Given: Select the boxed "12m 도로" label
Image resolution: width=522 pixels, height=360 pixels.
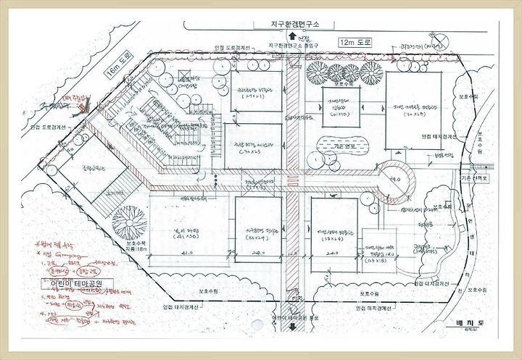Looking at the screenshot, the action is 354,43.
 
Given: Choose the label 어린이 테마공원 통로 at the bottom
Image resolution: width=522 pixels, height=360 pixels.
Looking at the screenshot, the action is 293,317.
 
